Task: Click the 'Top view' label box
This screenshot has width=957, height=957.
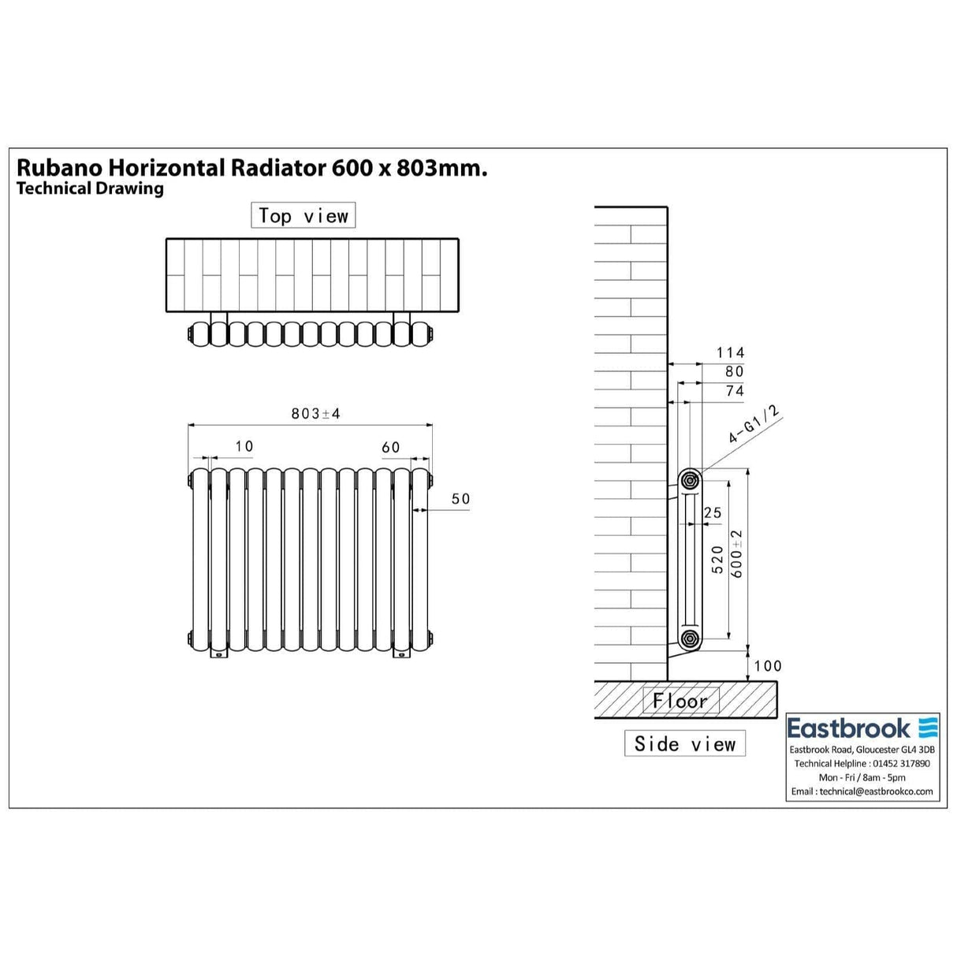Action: [x=303, y=216]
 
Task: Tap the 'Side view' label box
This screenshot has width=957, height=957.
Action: [x=685, y=743]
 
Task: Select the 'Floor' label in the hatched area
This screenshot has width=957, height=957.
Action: [x=680, y=700]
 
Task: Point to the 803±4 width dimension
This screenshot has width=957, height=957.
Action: [x=315, y=414]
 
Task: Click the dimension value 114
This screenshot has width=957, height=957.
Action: [x=730, y=353]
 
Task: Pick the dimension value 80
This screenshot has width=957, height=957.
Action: [x=734, y=371]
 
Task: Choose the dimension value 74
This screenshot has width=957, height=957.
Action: [x=734, y=390]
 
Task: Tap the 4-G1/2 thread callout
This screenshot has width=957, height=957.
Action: [x=754, y=424]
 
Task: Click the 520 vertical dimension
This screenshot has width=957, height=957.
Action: [x=717, y=560]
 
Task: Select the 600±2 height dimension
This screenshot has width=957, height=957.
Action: [x=738, y=554]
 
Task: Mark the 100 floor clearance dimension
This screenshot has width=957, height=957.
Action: [x=767, y=666]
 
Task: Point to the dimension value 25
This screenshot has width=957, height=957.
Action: [x=713, y=513]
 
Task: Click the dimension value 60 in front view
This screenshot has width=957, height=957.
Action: [x=391, y=448]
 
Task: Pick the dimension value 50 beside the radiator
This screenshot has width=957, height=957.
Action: [x=460, y=499]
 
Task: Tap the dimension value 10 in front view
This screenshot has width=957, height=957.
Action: [x=244, y=447]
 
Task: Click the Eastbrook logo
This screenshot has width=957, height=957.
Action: [x=862, y=728]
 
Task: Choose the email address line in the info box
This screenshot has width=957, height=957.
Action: [x=862, y=791]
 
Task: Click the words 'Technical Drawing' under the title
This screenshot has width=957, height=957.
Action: [x=90, y=188]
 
